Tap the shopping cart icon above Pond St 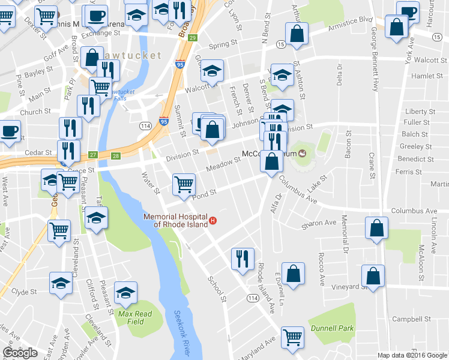tap(184, 184)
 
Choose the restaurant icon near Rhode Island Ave tap(243, 259)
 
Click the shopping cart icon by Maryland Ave tap(292, 337)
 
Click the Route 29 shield tap(192, 38)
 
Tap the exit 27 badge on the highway tap(93, 155)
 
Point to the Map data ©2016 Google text tap(412, 355)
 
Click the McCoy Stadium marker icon tap(303, 154)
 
